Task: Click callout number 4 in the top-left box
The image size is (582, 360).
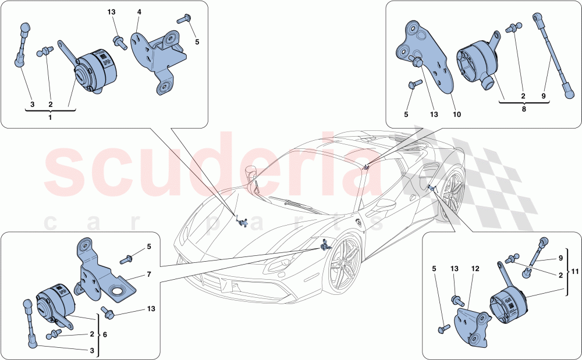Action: [139, 12]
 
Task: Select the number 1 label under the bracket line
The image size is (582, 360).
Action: [50, 117]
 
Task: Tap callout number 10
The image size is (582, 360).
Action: [457, 115]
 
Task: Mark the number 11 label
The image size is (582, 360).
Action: [574, 270]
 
